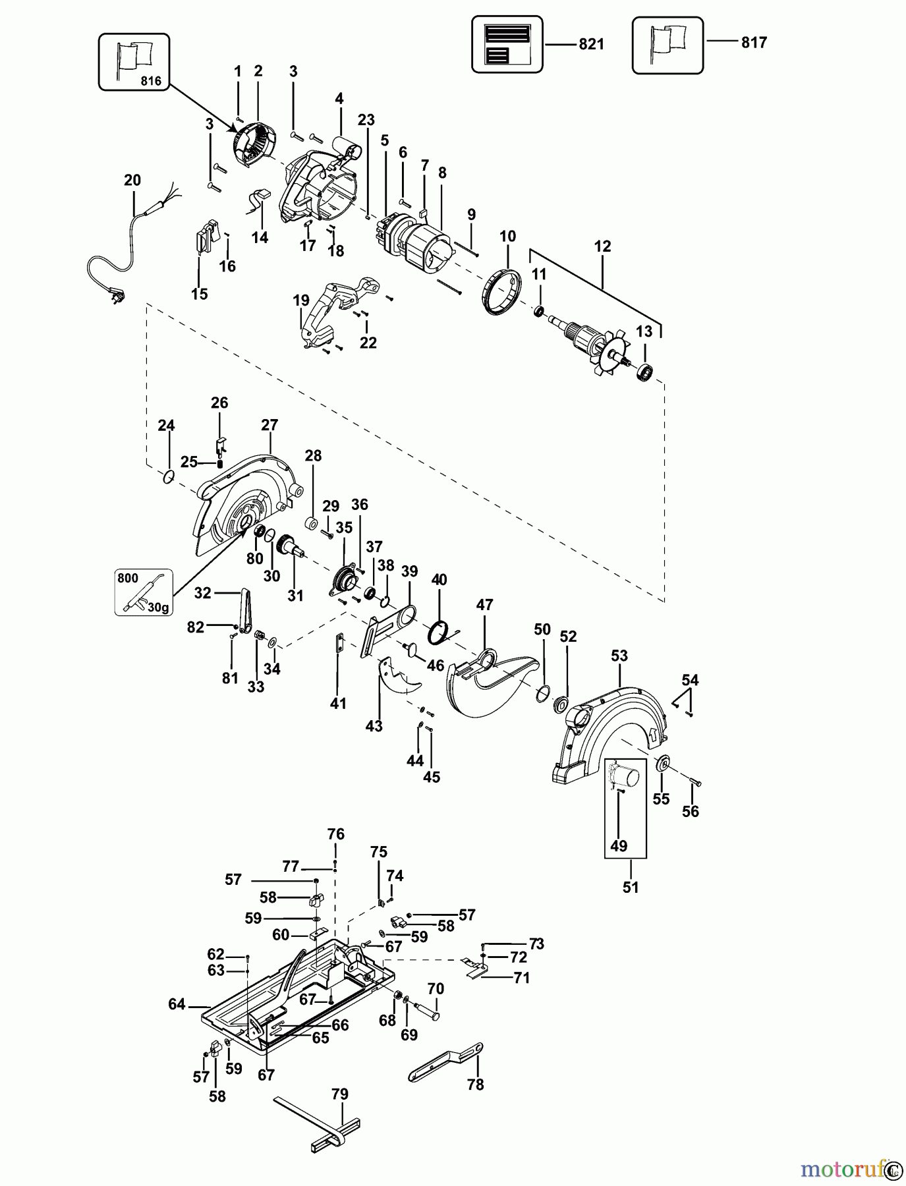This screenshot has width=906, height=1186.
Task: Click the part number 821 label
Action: tap(591, 44)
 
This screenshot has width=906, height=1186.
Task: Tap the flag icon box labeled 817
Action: tap(667, 45)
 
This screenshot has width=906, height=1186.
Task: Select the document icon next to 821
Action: tap(507, 45)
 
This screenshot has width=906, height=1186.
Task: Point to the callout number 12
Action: tap(602, 246)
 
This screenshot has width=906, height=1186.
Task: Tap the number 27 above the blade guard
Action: tap(269, 425)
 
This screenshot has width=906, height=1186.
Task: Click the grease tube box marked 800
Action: tap(144, 592)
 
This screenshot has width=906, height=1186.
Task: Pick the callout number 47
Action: tap(484, 604)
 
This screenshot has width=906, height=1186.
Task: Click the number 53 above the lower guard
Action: tap(619, 656)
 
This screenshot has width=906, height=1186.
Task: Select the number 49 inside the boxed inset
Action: tap(619, 845)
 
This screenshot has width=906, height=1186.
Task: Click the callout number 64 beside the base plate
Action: tap(177, 1004)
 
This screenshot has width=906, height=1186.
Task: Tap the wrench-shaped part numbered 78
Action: tap(445, 1061)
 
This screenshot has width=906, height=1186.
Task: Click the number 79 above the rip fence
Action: tap(340, 1094)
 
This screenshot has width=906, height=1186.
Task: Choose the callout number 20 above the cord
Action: tap(132, 180)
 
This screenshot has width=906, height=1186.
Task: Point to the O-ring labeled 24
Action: tap(169, 476)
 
